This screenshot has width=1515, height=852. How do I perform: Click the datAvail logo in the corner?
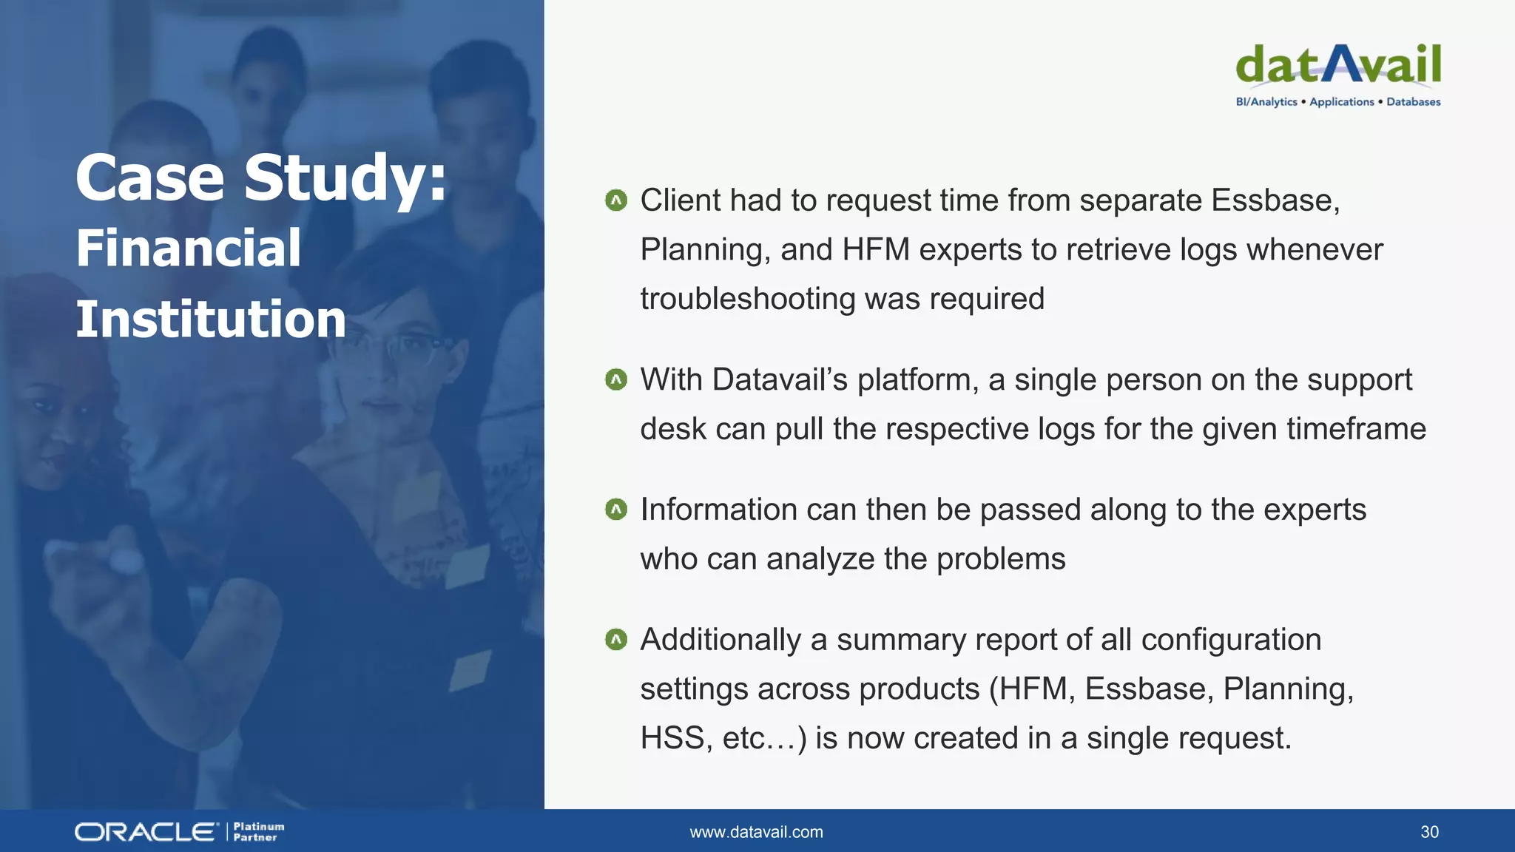(x=1338, y=65)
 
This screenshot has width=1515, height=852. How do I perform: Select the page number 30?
(x=1429, y=832)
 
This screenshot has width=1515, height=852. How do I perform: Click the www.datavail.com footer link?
(x=756, y=832)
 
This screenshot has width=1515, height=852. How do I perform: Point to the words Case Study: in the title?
(x=261, y=177)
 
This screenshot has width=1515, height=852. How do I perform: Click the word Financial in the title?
(x=189, y=248)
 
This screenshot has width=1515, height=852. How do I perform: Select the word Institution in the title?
(x=211, y=319)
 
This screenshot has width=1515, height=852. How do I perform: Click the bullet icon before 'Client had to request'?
(x=615, y=200)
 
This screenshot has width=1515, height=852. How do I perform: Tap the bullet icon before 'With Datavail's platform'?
(x=615, y=380)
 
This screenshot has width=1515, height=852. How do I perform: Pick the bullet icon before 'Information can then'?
(x=615, y=510)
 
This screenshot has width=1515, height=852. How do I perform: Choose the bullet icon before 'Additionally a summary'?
(x=615, y=640)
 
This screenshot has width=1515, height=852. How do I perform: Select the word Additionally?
(x=720, y=640)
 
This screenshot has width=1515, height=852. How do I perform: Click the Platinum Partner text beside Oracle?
(x=258, y=832)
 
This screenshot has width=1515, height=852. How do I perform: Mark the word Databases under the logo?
(x=1413, y=102)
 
